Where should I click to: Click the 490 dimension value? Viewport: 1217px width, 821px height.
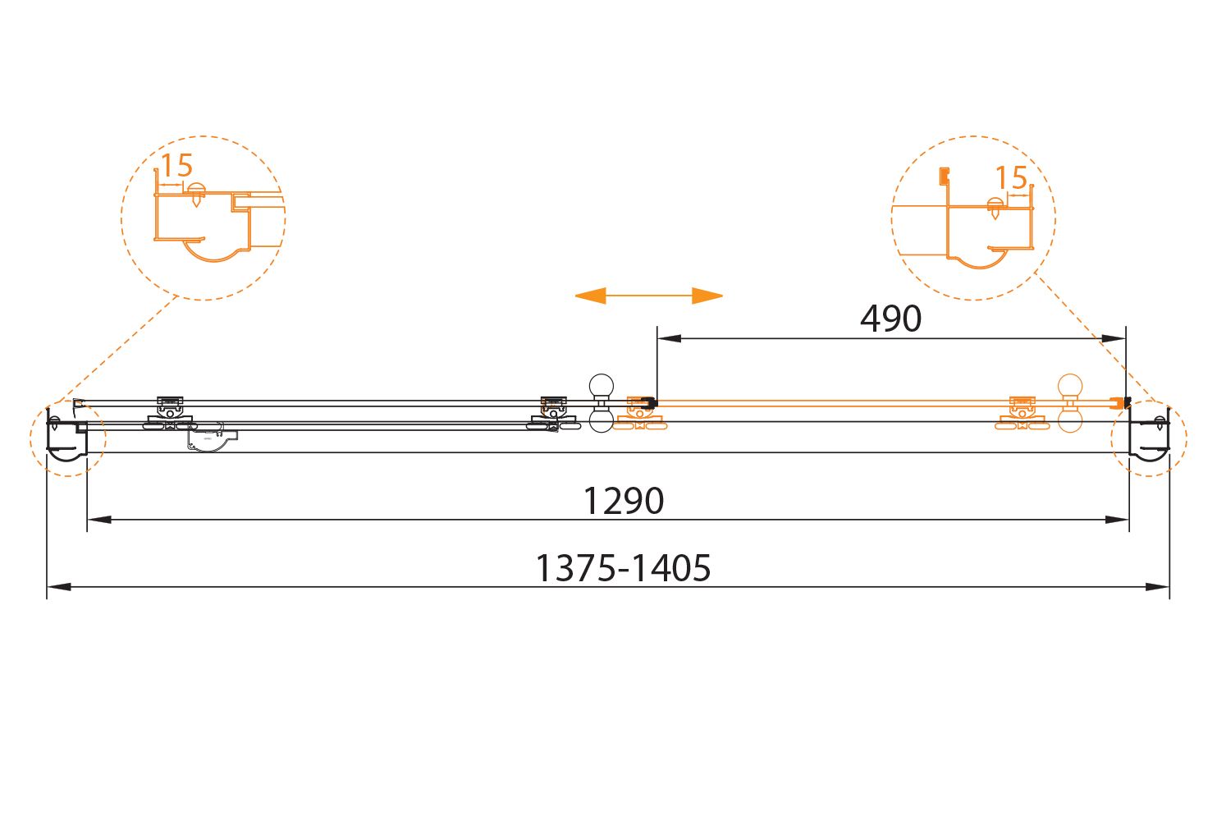pyautogui.click(x=890, y=319)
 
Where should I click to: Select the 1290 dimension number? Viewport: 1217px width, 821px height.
pyautogui.click(x=623, y=501)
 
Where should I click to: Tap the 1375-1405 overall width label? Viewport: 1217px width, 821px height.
pyautogui.click(x=623, y=568)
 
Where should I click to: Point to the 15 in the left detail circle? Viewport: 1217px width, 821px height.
pyautogui.click(x=177, y=165)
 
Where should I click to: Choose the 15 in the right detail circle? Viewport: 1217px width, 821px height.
pyautogui.click(x=1011, y=177)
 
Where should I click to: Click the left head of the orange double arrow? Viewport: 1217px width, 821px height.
pyautogui.click(x=590, y=296)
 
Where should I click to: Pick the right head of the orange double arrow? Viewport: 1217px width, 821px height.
pyautogui.click(x=707, y=296)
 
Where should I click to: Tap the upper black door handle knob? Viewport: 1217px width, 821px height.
pyautogui.click(x=602, y=386)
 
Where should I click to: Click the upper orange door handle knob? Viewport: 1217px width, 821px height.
pyautogui.click(x=1070, y=386)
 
